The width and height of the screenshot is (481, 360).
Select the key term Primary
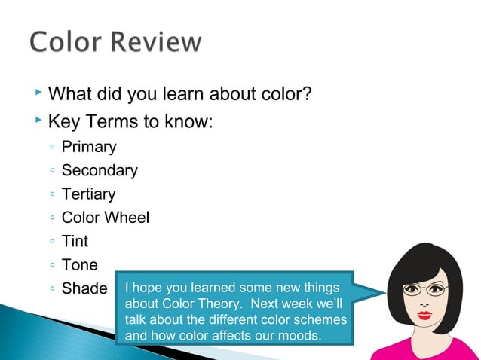click(89, 147)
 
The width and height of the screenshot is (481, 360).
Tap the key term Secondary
click(100, 170)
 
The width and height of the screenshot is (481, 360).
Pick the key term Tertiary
click(88, 194)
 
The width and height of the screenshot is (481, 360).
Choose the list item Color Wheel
click(106, 218)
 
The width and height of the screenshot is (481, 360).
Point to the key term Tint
click(75, 241)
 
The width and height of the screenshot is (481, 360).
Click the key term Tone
click(79, 264)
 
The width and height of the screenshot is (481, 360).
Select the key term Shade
click(84, 288)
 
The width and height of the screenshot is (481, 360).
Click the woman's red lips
click(424, 314)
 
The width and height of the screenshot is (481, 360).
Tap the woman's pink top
click(430, 349)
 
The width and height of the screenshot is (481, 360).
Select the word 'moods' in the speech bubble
click(299, 334)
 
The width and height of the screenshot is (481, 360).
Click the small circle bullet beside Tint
click(50, 242)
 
